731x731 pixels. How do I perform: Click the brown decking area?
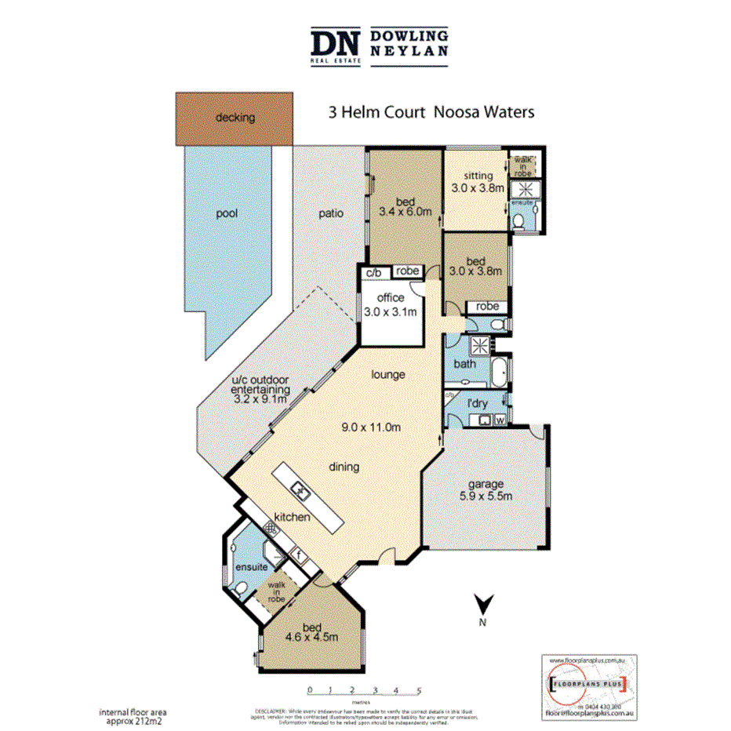[234, 118]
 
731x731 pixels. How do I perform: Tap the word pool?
[227, 213]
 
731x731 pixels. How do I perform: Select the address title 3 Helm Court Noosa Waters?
[431, 112]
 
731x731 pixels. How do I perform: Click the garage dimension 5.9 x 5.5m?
[487, 496]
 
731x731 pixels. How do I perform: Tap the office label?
[390, 298]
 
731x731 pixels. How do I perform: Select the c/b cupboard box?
[373, 272]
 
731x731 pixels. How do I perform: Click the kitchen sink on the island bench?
[300, 492]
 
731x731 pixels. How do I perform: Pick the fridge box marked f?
[298, 555]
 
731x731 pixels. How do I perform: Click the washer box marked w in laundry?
[500, 420]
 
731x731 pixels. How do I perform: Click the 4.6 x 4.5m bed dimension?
[312, 638]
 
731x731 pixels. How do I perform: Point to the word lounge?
[388, 375]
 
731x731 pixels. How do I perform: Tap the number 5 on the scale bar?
[419, 691]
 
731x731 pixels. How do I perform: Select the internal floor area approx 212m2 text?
[133, 716]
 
